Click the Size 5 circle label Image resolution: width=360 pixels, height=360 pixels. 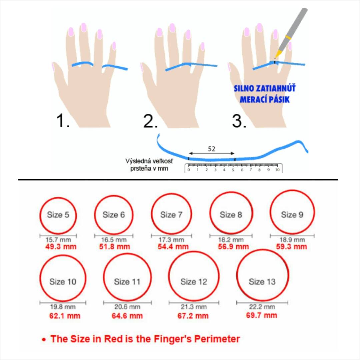pyautogui.click(x=58, y=215)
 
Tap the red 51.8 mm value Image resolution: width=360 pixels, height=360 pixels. pyautogui.click(x=115, y=247)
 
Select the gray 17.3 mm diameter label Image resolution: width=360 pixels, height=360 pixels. pyautogui.click(x=171, y=240)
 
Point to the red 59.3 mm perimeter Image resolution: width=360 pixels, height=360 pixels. pyautogui.click(x=292, y=247)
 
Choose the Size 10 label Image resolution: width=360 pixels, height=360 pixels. pyautogui.click(x=63, y=282)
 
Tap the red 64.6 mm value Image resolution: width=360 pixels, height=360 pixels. pyautogui.click(x=127, y=316)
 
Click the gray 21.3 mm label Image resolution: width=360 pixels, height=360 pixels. pyautogui.click(x=194, y=307)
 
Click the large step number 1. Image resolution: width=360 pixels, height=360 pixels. pyautogui.click(x=63, y=120)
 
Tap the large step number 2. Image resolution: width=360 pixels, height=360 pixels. pyautogui.click(x=151, y=120)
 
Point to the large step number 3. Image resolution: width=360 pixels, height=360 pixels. pyautogui.click(x=239, y=120)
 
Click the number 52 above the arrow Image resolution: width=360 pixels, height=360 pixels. pyautogui.click(x=211, y=149)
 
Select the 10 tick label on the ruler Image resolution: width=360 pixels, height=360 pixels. pyautogui.click(x=277, y=170)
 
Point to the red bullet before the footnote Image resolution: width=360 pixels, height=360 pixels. pyautogui.click(x=44, y=340)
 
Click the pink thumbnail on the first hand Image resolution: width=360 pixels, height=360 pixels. pyautogui.click(x=53, y=67)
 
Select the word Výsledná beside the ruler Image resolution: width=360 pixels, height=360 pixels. pyautogui.click(x=136, y=161)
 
